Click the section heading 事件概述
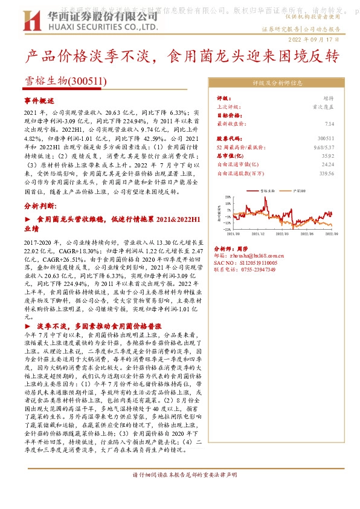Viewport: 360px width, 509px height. pos(39,101)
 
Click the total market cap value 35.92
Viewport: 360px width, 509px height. pos(327,155)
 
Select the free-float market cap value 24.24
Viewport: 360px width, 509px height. pos(327,164)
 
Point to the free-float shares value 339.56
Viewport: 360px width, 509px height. pos(326,172)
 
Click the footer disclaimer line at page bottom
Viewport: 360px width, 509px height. pos(180,491)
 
